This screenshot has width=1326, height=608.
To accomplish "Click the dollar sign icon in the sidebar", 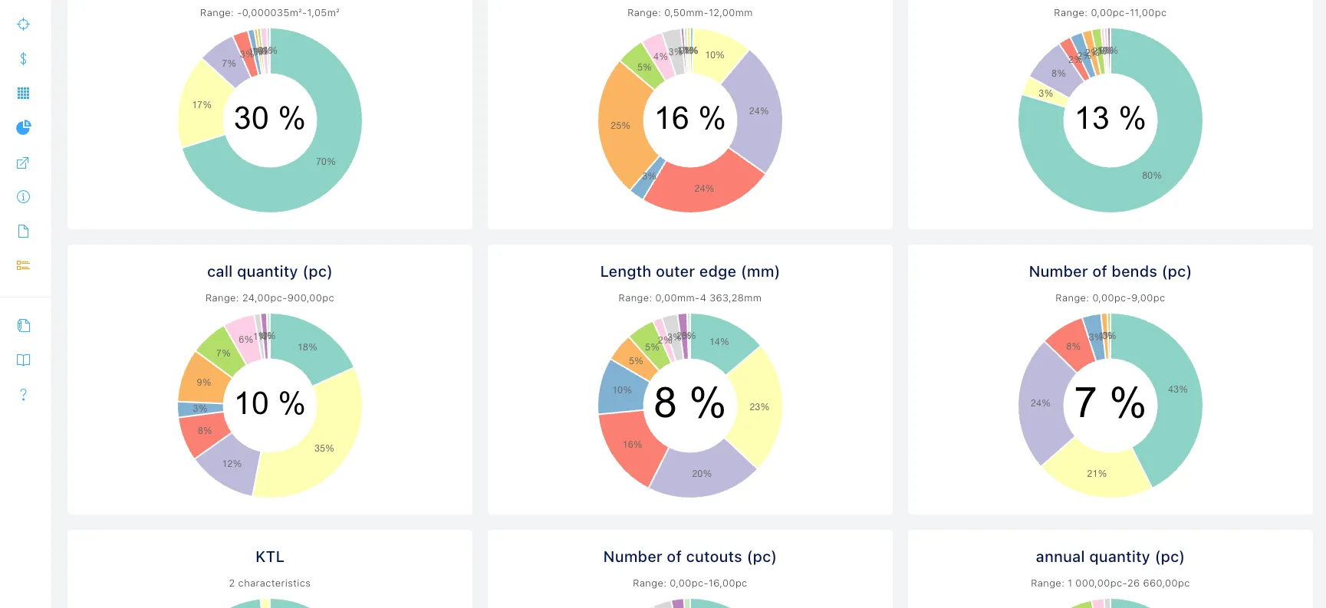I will point(24,59).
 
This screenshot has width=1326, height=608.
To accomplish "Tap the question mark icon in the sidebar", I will point(24,395).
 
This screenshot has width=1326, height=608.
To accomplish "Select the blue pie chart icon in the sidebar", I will point(24,127).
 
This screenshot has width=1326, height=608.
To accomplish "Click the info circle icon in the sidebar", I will point(24,197).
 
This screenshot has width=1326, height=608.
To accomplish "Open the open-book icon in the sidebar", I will point(24,360).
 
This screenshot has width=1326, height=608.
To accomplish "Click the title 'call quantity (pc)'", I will point(269,271).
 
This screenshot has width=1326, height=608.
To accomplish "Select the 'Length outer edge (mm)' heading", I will point(689,271).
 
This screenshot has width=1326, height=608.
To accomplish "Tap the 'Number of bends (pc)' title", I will point(1110,271).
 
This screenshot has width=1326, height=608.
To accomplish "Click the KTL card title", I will point(269,557).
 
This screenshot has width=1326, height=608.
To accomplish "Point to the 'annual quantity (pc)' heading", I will point(1110,557).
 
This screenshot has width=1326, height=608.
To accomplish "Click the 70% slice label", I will point(326,162).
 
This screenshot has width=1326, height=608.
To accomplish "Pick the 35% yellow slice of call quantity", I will point(324,449).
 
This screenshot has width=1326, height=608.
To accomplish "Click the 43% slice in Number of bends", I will point(1177,389).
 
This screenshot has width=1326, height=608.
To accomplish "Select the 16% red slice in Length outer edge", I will point(632,445).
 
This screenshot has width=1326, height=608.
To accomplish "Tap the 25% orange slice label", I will point(620,126).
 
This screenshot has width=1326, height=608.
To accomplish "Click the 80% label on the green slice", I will point(1151,176).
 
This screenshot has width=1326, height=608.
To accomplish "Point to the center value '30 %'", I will point(269,118).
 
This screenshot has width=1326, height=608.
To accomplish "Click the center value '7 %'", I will point(1110,403).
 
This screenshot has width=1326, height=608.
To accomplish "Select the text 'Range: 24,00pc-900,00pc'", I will point(269,298).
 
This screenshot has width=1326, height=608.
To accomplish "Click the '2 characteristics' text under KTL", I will point(269,583).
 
